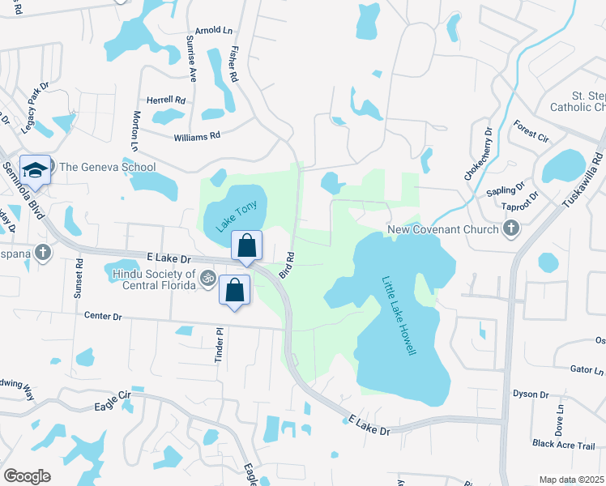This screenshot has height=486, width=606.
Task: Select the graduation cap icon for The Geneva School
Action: [x=35, y=170]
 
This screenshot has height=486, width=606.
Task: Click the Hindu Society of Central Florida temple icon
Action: [x=207, y=277]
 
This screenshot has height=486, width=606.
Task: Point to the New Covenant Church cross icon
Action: [x=510, y=229]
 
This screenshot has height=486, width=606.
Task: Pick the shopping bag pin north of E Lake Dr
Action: [x=247, y=245]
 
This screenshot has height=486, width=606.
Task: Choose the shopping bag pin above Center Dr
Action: [x=234, y=289]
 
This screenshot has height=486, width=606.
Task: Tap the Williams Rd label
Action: [x=197, y=138]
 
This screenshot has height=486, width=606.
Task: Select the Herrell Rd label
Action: [x=165, y=100]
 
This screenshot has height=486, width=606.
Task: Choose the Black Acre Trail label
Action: [x=563, y=444]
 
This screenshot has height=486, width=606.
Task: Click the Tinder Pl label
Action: [x=219, y=344]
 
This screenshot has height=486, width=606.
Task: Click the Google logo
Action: [x=27, y=476]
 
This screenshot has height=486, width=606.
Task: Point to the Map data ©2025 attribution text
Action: [x=570, y=480]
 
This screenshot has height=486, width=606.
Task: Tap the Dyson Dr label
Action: [x=531, y=394]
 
